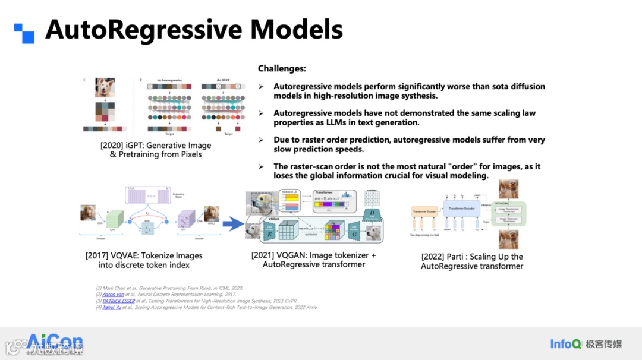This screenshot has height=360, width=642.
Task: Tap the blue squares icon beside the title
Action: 24,33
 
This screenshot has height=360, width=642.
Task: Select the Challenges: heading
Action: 282,69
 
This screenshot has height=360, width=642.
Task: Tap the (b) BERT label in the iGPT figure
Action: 211,80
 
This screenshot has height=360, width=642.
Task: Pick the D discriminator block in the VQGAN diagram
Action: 372,213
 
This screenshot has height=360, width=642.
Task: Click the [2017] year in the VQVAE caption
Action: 97,255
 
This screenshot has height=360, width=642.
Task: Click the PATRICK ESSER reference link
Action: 118,301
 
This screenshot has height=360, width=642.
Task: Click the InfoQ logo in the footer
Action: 565,343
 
